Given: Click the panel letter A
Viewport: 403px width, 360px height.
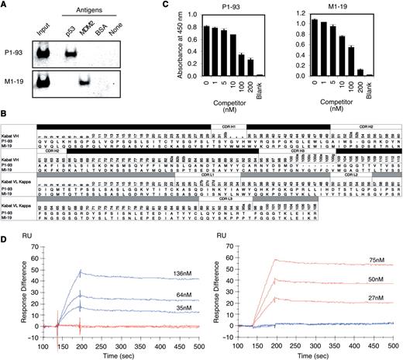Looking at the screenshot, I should (x=5, y=5).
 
